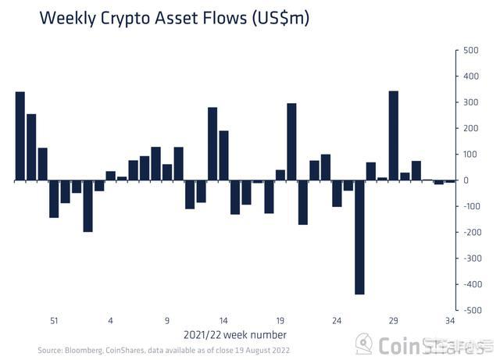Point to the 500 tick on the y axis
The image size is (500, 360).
(471, 50)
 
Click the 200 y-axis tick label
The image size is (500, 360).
(471, 128)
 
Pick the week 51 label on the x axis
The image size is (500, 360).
(54, 320)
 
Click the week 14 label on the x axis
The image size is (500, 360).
(223, 320)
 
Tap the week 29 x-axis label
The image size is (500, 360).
(393, 320)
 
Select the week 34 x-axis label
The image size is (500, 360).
(450, 320)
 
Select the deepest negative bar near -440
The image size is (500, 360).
(359, 237)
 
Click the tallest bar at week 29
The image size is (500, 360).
(393, 136)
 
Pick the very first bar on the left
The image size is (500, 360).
(20, 137)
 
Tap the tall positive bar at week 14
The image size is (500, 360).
(212, 144)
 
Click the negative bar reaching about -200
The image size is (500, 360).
(87, 206)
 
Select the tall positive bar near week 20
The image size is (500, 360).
(291, 142)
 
